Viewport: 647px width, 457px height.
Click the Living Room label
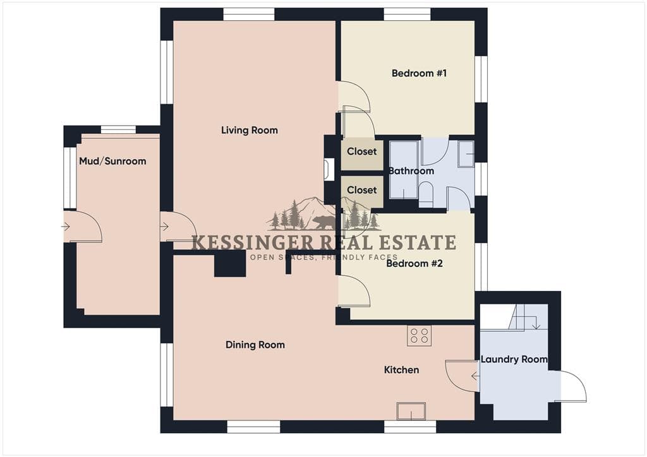(x=249, y=130)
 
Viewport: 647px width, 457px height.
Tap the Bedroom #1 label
(x=419, y=73)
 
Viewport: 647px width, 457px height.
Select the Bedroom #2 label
(x=414, y=263)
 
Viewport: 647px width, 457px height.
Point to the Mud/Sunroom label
(x=112, y=161)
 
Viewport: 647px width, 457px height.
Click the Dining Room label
(x=255, y=345)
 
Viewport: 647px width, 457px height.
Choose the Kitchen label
(x=401, y=370)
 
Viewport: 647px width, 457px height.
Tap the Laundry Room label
(x=514, y=359)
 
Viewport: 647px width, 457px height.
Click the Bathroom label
(x=411, y=170)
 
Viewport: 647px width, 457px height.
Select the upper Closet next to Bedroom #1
(x=362, y=151)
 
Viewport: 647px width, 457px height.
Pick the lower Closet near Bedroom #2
(x=362, y=190)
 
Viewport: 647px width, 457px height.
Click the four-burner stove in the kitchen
(x=420, y=335)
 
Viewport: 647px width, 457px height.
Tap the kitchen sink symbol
(x=411, y=411)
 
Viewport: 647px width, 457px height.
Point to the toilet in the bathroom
(x=425, y=195)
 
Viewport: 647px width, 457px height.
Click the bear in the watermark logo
(x=324, y=223)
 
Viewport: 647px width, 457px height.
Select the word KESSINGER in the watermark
(x=253, y=243)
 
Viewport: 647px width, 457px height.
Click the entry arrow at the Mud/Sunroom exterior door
(x=66, y=226)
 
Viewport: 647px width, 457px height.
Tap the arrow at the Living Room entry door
(x=164, y=226)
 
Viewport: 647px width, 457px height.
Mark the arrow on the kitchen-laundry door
(x=475, y=376)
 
